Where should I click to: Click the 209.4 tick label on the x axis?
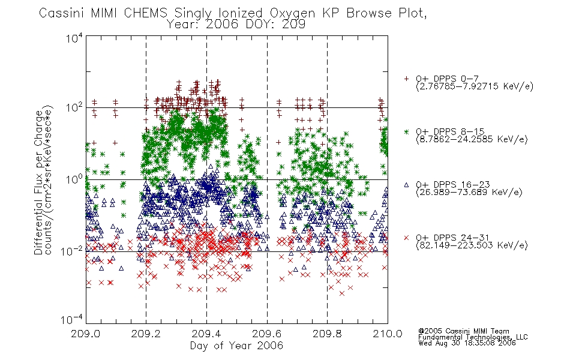pyautogui.click(x=206, y=334)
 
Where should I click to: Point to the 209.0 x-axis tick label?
pyautogui.click(x=86, y=334)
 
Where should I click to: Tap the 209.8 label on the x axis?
pyautogui.click(x=327, y=334)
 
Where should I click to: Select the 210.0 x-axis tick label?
pyautogui.click(x=388, y=334)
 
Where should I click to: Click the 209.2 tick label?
pyautogui.click(x=146, y=334)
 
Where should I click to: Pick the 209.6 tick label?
pyautogui.click(x=267, y=334)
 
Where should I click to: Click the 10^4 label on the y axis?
pyautogui.click(x=74, y=38)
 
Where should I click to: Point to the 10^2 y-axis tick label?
pyautogui.click(x=74, y=108)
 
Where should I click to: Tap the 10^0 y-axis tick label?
pyautogui.click(x=74, y=179)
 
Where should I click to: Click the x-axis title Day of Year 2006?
pyautogui.click(x=236, y=346)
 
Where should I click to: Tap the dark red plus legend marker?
pyautogui.click(x=406, y=79)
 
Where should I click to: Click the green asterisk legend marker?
pyautogui.click(x=406, y=132)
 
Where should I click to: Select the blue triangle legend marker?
pyautogui.click(x=406, y=185)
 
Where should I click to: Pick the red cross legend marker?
pyautogui.click(x=406, y=238)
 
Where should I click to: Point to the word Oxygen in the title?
pyautogui.click(x=293, y=13)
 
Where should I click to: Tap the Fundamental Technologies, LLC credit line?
pyautogui.click(x=473, y=337)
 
